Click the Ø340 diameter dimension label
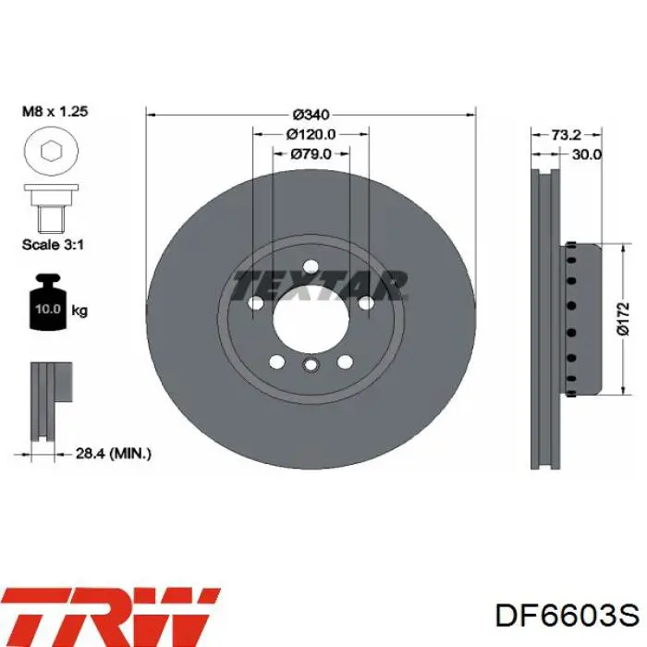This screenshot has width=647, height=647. click(x=311, y=115)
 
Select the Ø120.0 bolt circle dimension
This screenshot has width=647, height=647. click(x=311, y=134)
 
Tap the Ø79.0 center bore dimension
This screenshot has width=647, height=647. click(x=311, y=154)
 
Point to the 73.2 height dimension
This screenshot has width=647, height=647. click(x=566, y=135)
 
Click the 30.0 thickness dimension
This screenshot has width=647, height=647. click(x=587, y=154)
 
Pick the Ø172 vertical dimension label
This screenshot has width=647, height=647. click(x=623, y=319)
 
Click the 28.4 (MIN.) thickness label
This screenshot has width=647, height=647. click(x=114, y=454)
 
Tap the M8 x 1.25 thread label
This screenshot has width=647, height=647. click(x=55, y=111)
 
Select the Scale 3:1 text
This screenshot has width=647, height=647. click(x=53, y=245)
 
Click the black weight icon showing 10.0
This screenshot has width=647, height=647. click(x=48, y=301)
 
